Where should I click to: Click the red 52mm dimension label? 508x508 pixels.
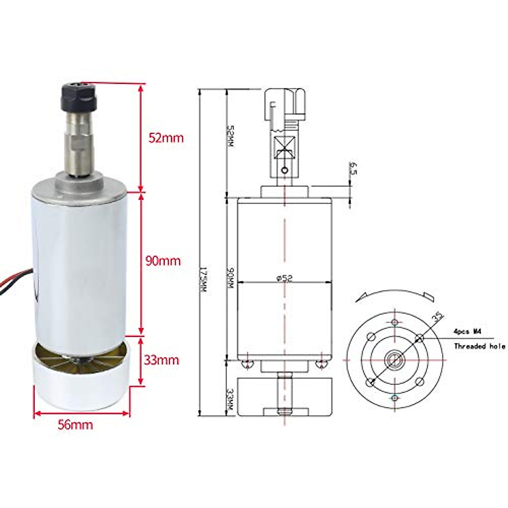click(x=166, y=138)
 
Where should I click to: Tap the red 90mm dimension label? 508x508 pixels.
click(x=163, y=261)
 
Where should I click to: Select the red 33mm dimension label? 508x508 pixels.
click(x=162, y=360)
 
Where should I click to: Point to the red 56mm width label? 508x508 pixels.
click(x=75, y=424)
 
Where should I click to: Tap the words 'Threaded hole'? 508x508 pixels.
click(x=479, y=346)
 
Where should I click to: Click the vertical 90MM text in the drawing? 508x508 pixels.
click(x=230, y=278)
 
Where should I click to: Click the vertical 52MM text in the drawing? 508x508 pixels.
click(x=230, y=135)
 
